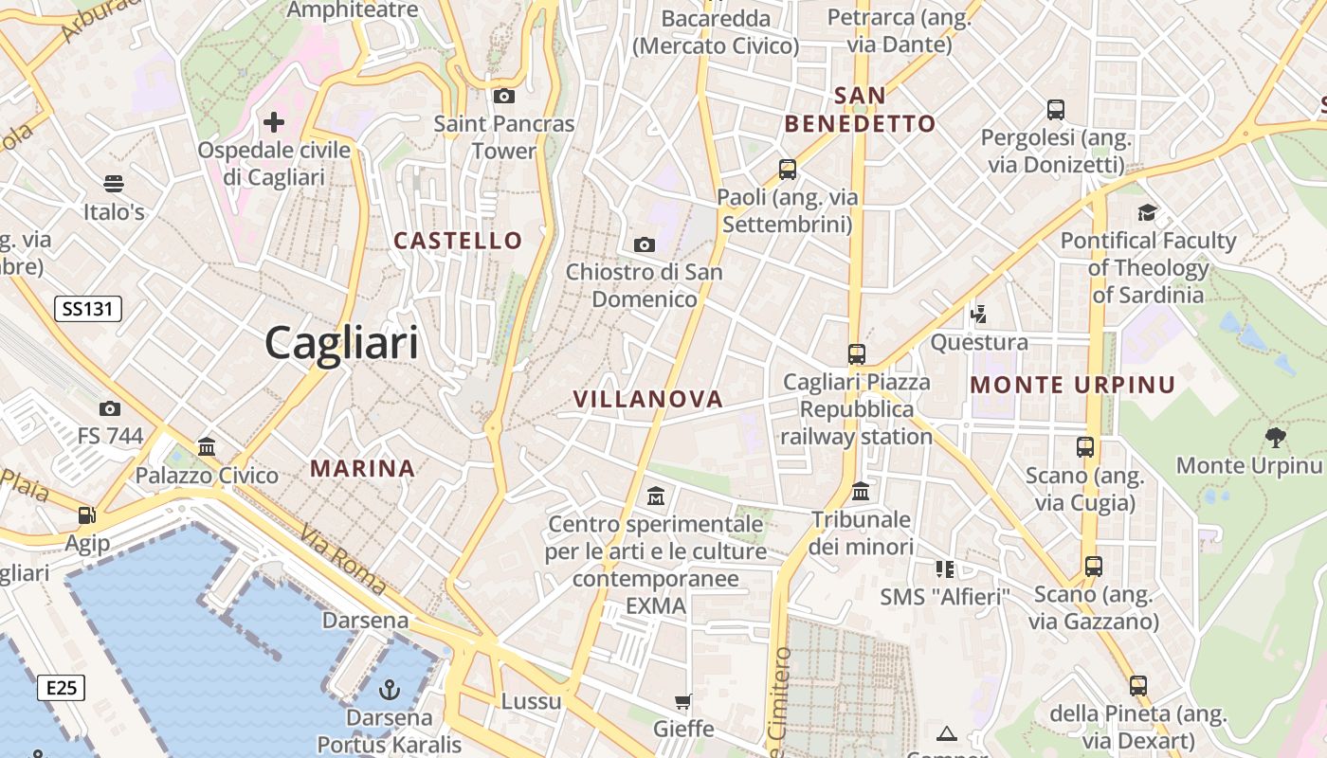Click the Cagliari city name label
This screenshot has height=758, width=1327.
[341, 342]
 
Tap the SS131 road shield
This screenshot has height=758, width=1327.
[88, 308]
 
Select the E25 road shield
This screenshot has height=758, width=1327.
[62, 688]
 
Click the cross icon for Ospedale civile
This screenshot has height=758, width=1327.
[274, 121]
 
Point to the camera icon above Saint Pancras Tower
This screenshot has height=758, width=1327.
[504, 96]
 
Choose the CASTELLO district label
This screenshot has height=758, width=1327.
[458, 241]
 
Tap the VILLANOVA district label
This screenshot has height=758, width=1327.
[648, 400]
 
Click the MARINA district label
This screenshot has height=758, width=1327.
[363, 468]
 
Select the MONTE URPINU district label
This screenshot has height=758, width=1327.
[1073, 386]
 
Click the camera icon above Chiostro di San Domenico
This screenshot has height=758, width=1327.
[645, 245]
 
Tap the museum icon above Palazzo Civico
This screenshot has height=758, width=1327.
[207, 446]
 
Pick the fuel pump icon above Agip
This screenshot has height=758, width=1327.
[87, 515]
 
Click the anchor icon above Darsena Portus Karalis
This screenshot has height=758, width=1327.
[389, 689]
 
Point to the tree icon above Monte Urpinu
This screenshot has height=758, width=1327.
[1275, 437]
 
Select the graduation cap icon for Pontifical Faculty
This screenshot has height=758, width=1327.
[1148, 212]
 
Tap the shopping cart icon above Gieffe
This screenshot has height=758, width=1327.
[682, 702]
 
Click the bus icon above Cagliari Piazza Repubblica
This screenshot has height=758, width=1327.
[857, 354]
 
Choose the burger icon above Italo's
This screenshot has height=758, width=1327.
[114, 183]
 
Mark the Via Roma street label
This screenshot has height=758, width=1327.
[343, 558]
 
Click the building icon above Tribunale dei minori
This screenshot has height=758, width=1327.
[861, 491]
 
